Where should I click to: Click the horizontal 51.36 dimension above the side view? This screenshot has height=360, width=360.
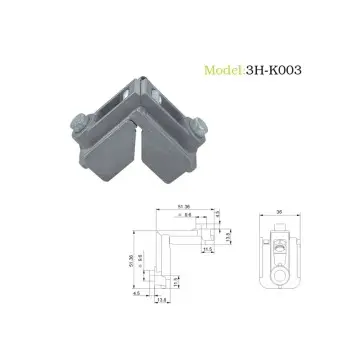point(185,206)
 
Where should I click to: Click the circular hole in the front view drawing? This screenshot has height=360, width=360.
point(283,269)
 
